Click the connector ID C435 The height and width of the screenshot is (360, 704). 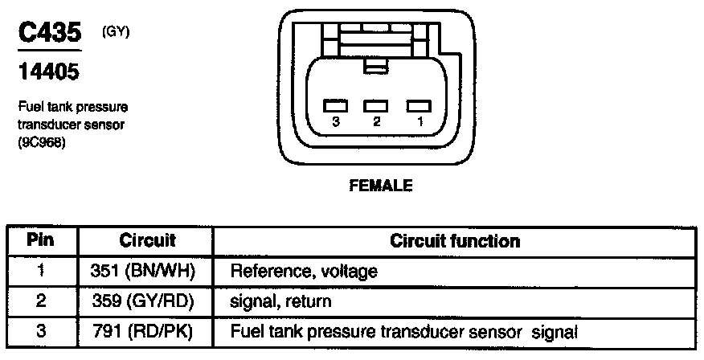coord(50,35)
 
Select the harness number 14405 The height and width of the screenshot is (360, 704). coord(48,73)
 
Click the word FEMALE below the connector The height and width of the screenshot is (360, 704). coord(380,186)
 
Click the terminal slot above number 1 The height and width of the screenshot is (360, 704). coord(418,105)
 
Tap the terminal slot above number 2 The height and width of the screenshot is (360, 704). coord(376,105)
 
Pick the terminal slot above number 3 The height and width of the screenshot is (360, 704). coord(335,105)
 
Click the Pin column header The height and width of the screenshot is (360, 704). coord(40,240)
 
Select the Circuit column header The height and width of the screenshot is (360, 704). coord(147,240)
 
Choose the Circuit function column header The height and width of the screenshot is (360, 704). coord(454,241)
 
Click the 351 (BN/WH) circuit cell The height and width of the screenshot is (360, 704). coord(147,271)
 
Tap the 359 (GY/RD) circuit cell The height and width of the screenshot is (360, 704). coord(147,301)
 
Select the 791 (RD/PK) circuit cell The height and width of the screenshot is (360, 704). coord(147,331)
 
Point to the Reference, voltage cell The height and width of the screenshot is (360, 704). coord(304,272)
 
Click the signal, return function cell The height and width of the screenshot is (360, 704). coord(280,301)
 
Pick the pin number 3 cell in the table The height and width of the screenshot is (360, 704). coord(40,331)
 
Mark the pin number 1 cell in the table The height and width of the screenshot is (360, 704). coord(40,271)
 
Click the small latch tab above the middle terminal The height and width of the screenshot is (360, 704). coord(375,67)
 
